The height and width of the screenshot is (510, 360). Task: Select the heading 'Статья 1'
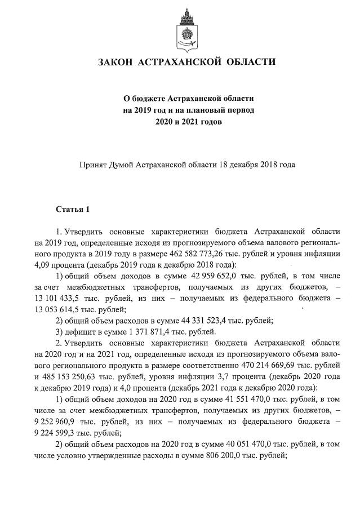73,210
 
